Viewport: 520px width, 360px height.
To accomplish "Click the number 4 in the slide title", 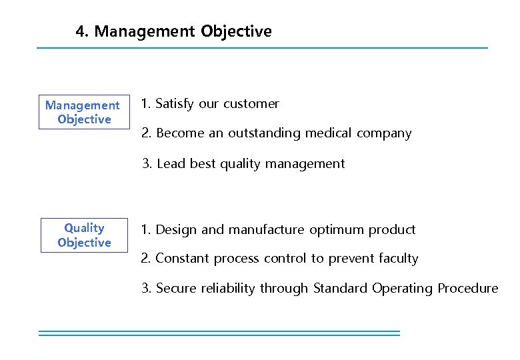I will click(x=81, y=31).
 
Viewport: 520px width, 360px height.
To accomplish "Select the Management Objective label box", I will click(x=84, y=112).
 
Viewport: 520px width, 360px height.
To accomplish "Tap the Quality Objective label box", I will click(x=84, y=235).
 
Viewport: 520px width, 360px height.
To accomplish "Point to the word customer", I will click(x=251, y=103).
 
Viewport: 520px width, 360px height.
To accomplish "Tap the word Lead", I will click(x=171, y=164).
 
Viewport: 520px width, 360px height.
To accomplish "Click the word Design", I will click(x=177, y=230).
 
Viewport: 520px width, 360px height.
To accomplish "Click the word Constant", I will click(x=183, y=259).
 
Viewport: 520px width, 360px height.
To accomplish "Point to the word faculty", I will click(x=397, y=259).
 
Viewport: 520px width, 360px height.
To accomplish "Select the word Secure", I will click(x=177, y=289).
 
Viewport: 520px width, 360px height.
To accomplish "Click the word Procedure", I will click(x=467, y=289).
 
